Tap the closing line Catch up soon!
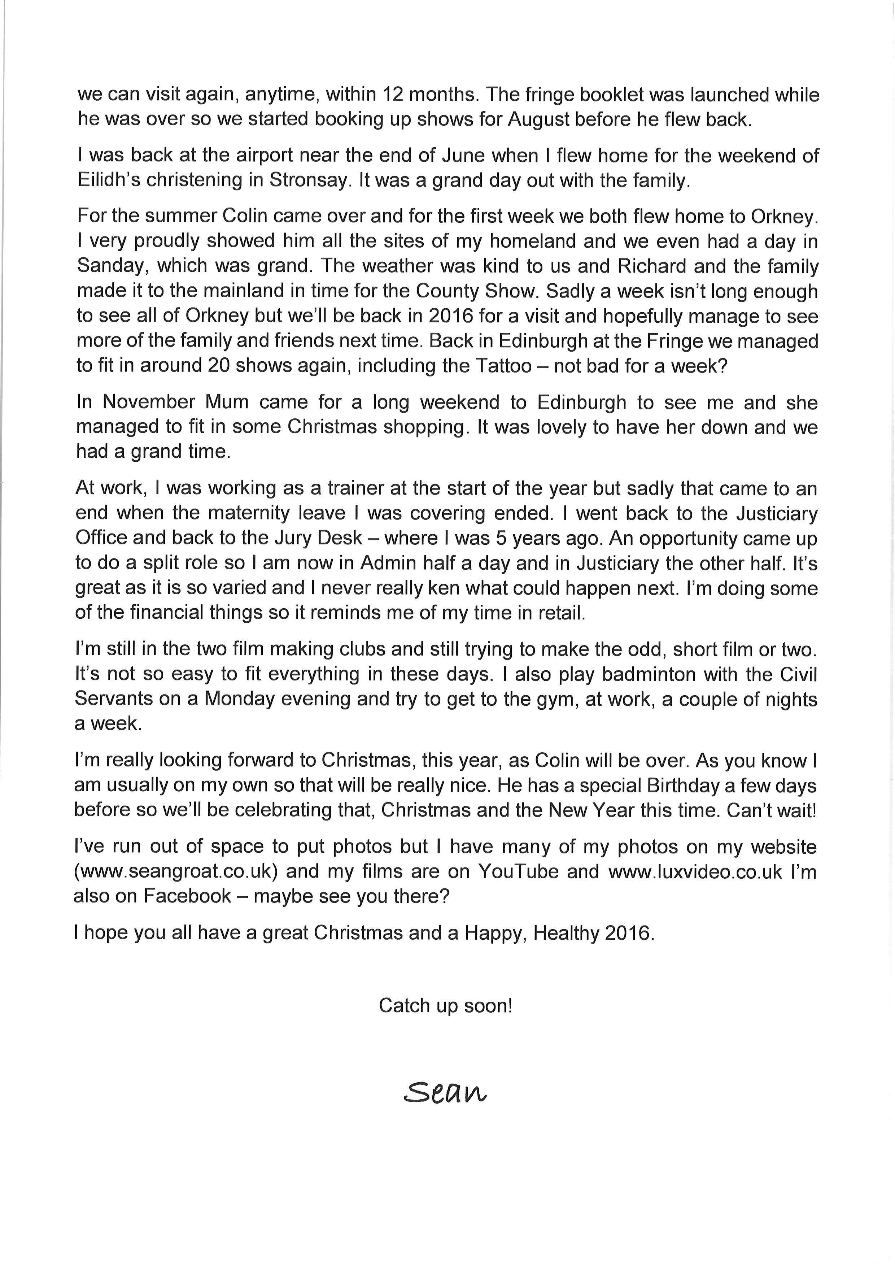(x=445, y=1006)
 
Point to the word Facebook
(x=187, y=896)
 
